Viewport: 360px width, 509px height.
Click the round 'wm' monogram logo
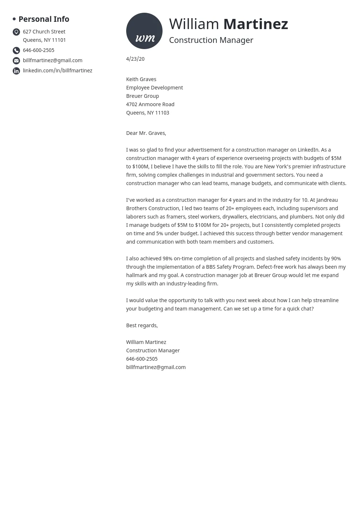coord(144,31)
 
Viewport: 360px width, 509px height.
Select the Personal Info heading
coord(44,19)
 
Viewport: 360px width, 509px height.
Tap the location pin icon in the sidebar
coord(16,32)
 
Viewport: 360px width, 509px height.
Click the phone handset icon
coord(16,51)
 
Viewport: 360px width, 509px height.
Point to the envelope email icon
coord(16,61)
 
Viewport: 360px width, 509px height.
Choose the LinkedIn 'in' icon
coord(16,71)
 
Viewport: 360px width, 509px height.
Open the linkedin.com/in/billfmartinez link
coord(57,71)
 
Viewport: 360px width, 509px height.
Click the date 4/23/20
coord(135,59)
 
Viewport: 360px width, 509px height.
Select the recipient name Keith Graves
coord(141,79)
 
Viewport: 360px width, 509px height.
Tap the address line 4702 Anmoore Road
coord(150,104)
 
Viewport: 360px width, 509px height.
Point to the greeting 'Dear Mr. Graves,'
coord(146,133)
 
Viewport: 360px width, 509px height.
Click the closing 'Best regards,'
coord(142,325)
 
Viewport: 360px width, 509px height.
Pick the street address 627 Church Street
coord(44,32)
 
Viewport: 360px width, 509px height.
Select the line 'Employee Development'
coord(154,88)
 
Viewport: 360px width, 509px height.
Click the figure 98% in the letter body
coord(167,258)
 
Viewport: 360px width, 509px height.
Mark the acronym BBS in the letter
coord(211,267)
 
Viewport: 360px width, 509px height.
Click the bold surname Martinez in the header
coord(255,24)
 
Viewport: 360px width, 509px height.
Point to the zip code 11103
coord(162,113)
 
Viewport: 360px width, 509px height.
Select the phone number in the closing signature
coord(142,359)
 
